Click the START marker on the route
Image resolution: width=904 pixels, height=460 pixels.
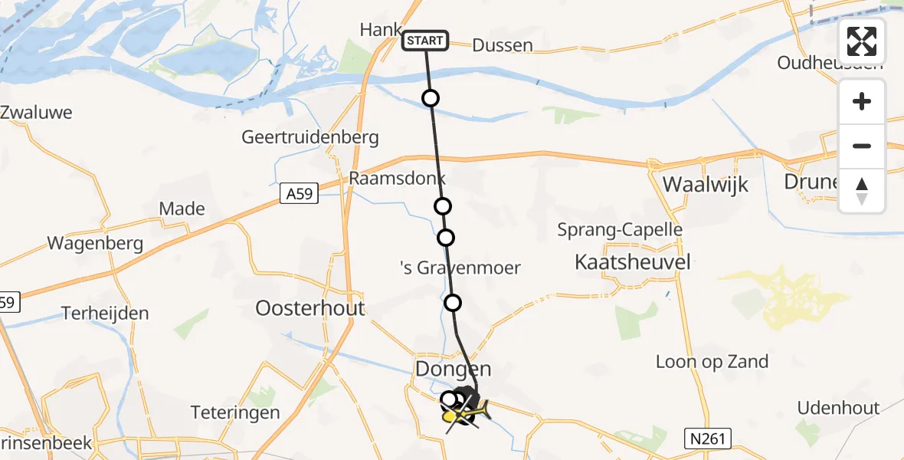pos(425,41)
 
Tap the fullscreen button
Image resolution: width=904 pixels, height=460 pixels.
pos(862,41)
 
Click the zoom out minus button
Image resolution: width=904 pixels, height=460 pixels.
pos(862,146)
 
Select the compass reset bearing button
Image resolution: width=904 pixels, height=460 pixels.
pos(862,191)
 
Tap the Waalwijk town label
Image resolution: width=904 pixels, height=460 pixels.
pos(705,185)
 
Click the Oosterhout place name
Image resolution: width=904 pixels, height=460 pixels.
pos(310,308)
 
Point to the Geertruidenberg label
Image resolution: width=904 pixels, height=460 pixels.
pos(310,137)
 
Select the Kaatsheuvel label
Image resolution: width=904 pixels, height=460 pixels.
pos(633,262)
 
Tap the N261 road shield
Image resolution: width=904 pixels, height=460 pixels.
pos(708,439)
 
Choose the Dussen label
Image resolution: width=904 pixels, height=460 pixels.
pos(502,45)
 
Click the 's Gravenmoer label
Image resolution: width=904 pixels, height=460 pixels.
pos(460,268)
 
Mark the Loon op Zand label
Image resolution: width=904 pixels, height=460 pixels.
pos(712,362)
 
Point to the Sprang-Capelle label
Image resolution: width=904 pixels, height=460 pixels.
pos(620,229)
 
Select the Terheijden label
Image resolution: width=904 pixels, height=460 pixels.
pos(106,314)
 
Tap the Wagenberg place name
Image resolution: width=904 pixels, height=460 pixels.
pos(95,244)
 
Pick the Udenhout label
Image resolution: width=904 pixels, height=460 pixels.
pos(839,408)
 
